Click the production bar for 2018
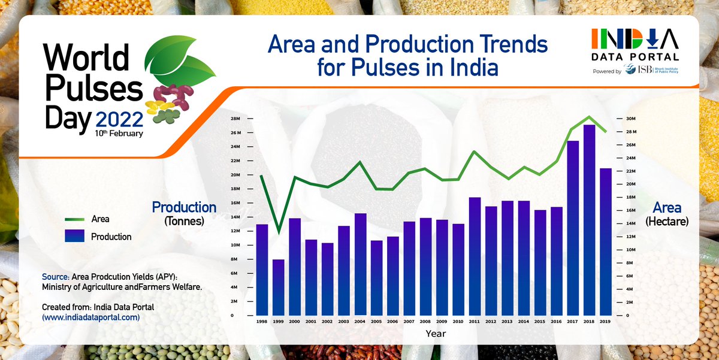tap(589, 220)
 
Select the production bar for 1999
tap(279, 288)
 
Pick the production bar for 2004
tap(360, 264)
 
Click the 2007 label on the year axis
tap(409, 322)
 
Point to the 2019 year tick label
tap(605, 322)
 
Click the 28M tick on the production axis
tap(235, 118)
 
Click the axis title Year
tap(436, 332)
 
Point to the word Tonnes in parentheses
tap(184, 221)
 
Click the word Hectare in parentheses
tap(667, 221)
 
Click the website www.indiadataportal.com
tap(91, 317)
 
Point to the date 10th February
tap(118, 134)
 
